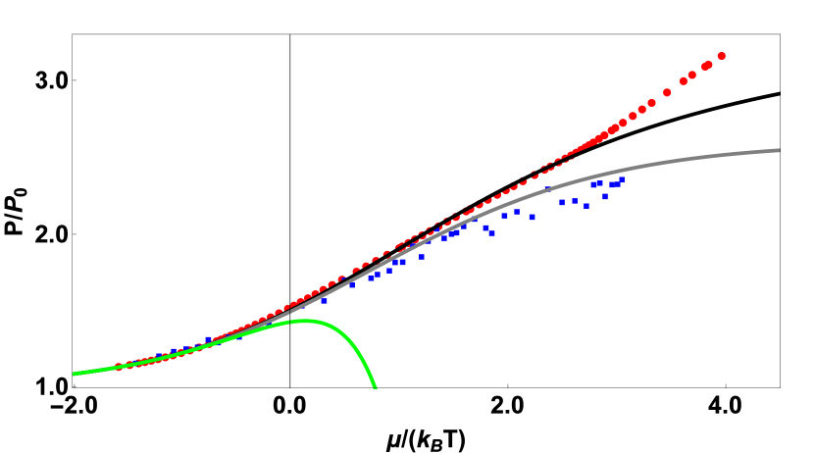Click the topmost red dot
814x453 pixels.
tap(722, 56)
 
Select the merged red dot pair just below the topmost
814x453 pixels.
tap(706, 66)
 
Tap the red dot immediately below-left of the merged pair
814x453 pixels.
tap(691, 75)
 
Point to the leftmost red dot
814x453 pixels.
tap(119, 367)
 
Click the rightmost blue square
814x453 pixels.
tap(622, 179)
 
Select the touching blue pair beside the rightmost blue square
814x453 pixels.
tap(614, 184)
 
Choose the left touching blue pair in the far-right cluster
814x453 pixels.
tap(596, 183)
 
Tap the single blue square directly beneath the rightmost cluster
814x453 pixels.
tap(604, 196)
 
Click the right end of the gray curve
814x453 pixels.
tap(779, 150)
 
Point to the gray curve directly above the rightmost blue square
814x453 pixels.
tap(622, 169)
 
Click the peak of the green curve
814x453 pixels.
tap(306, 321)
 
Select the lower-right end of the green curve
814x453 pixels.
tap(375, 387)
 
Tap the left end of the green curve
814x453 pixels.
tap(75, 374)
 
